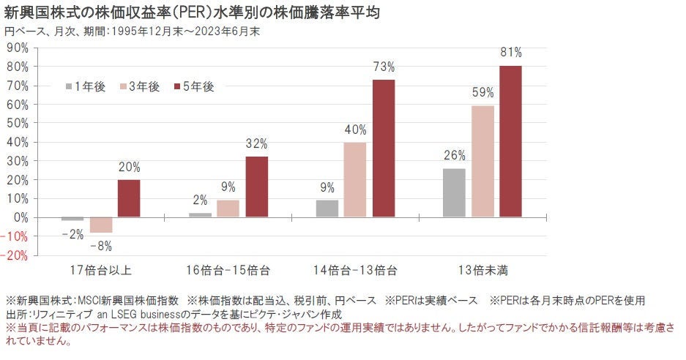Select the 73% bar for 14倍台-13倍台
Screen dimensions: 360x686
[384, 148]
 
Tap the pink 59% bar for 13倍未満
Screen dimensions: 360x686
[482, 162]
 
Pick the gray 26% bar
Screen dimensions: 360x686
[454, 193]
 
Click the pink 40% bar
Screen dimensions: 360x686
[355, 180]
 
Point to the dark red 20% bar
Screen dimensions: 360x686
[128, 199]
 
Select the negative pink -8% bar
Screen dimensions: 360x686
[100, 225]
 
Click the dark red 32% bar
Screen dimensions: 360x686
[256, 187]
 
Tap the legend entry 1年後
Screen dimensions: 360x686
[86, 87]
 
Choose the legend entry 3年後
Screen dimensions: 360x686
[139, 87]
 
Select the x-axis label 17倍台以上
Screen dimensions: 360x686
[100, 270]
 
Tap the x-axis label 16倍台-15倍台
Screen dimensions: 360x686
[228, 270]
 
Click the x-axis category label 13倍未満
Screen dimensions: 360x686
[482, 270]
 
